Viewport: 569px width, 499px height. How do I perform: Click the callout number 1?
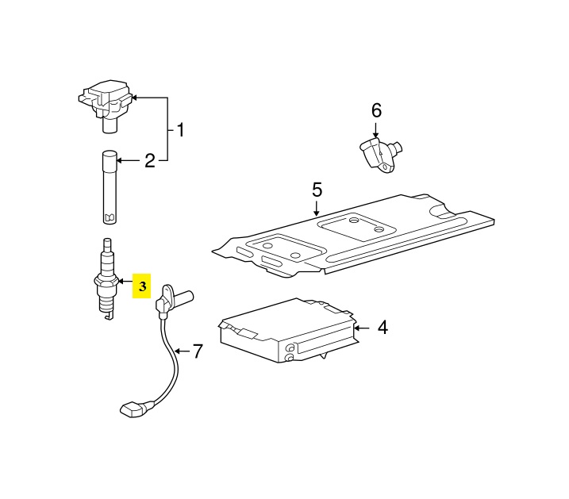pos(180,129)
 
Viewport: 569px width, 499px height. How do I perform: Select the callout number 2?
pos(149,162)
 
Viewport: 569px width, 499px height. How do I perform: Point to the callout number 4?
pos(383,326)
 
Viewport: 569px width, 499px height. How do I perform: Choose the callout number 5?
pos(317,190)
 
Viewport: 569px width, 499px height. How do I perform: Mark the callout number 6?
pos(376,110)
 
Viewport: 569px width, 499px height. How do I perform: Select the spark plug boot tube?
pos(110,187)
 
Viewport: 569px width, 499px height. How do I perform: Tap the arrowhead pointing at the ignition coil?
pos(134,98)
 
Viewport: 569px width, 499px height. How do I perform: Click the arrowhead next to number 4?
pos(357,326)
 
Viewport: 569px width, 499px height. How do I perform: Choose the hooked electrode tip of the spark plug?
pos(107,317)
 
